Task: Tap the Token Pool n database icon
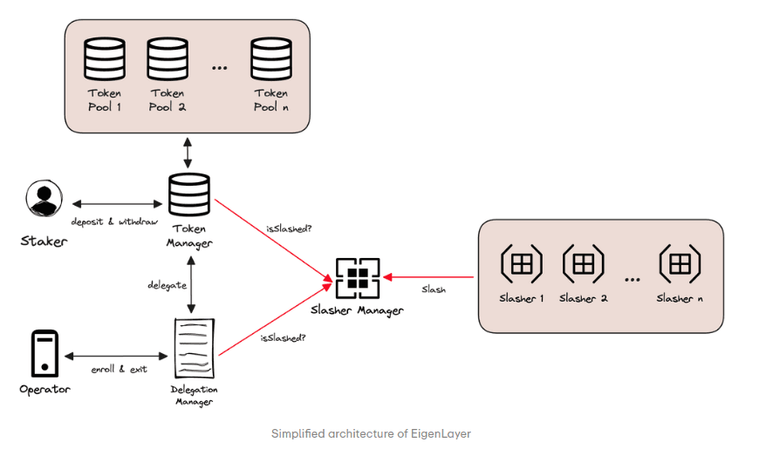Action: click(x=270, y=59)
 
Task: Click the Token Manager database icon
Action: click(x=188, y=196)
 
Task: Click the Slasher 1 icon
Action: click(x=521, y=262)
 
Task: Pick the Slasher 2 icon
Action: click(x=584, y=262)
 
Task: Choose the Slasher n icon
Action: click(x=681, y=262)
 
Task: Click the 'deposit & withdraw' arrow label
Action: click(x=115, y=221)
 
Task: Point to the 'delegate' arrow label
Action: click(x=155, y=285)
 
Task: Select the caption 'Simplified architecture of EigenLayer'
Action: click(x=371, y=433)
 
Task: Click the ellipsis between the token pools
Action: click(x=219, y=69)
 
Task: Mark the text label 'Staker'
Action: click(x=43, y=241)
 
